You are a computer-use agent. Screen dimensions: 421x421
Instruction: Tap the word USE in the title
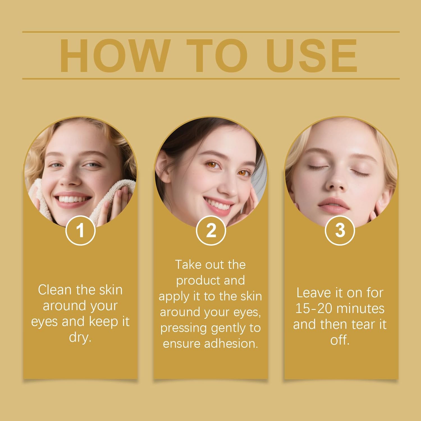(312, 56)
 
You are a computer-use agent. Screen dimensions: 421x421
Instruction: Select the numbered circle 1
(81, 230)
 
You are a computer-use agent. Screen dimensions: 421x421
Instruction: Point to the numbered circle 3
(340, 230)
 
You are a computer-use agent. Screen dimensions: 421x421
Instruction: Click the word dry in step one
(80, 337)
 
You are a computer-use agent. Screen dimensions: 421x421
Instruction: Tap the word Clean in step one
(55, 290)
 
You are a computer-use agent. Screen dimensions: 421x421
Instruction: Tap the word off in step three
(340, 340)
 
